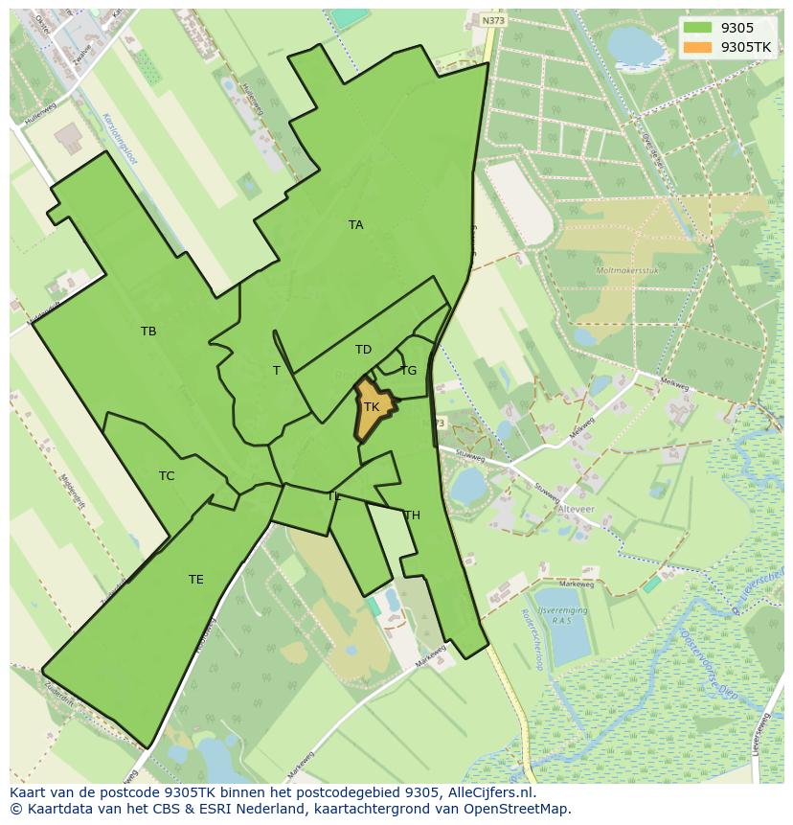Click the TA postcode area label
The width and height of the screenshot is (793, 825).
[355, 225]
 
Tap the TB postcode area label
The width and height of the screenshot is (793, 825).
[148, 332]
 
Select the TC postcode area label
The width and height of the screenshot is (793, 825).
[167, 476]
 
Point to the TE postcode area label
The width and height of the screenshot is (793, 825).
[195, 580]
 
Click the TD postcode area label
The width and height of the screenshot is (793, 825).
[363, 350]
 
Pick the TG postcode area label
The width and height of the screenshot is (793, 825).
[409, 371]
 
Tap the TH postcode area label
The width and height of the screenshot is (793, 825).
[412, 516]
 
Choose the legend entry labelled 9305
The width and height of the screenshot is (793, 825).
[736, 28]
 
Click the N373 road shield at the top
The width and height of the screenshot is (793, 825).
[493, 20]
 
